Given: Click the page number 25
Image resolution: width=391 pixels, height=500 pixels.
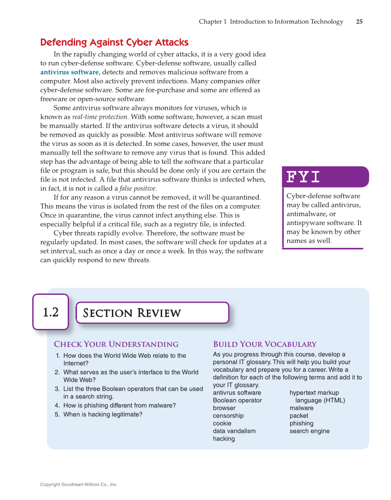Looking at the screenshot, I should [359, 22].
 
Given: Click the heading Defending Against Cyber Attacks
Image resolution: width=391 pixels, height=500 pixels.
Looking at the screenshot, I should [114, 42].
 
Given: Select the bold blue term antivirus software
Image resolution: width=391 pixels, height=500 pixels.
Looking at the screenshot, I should [69, 72].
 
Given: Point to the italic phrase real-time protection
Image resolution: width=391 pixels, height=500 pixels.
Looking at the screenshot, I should [100, 117].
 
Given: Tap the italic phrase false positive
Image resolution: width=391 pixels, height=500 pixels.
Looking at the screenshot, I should [138, 188].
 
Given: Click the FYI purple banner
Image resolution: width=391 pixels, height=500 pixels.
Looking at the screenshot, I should [325, 177].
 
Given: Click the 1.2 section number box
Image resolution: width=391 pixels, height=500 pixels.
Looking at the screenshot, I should [51, 312].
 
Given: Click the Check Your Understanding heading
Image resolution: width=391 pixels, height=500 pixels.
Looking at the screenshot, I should [116, 344].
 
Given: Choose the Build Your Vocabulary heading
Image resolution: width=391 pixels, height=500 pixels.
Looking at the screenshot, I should [265, 344].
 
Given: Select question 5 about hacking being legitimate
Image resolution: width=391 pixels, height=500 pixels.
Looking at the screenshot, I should [102, 414].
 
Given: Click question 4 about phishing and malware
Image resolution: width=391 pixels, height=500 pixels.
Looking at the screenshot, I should [119, 406].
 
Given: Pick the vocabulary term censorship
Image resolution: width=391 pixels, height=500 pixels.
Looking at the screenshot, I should [228, 416].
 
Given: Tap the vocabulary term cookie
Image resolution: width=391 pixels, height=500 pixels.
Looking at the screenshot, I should [222, 424].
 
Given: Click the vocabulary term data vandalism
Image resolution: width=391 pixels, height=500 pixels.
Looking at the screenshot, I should [234, 431].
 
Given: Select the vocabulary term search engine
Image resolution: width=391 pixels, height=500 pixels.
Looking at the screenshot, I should [309, 431].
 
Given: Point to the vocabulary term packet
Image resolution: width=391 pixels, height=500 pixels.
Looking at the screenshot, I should [299, 416].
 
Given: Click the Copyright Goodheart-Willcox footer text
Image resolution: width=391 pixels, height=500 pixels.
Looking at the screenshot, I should [79, 484].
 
